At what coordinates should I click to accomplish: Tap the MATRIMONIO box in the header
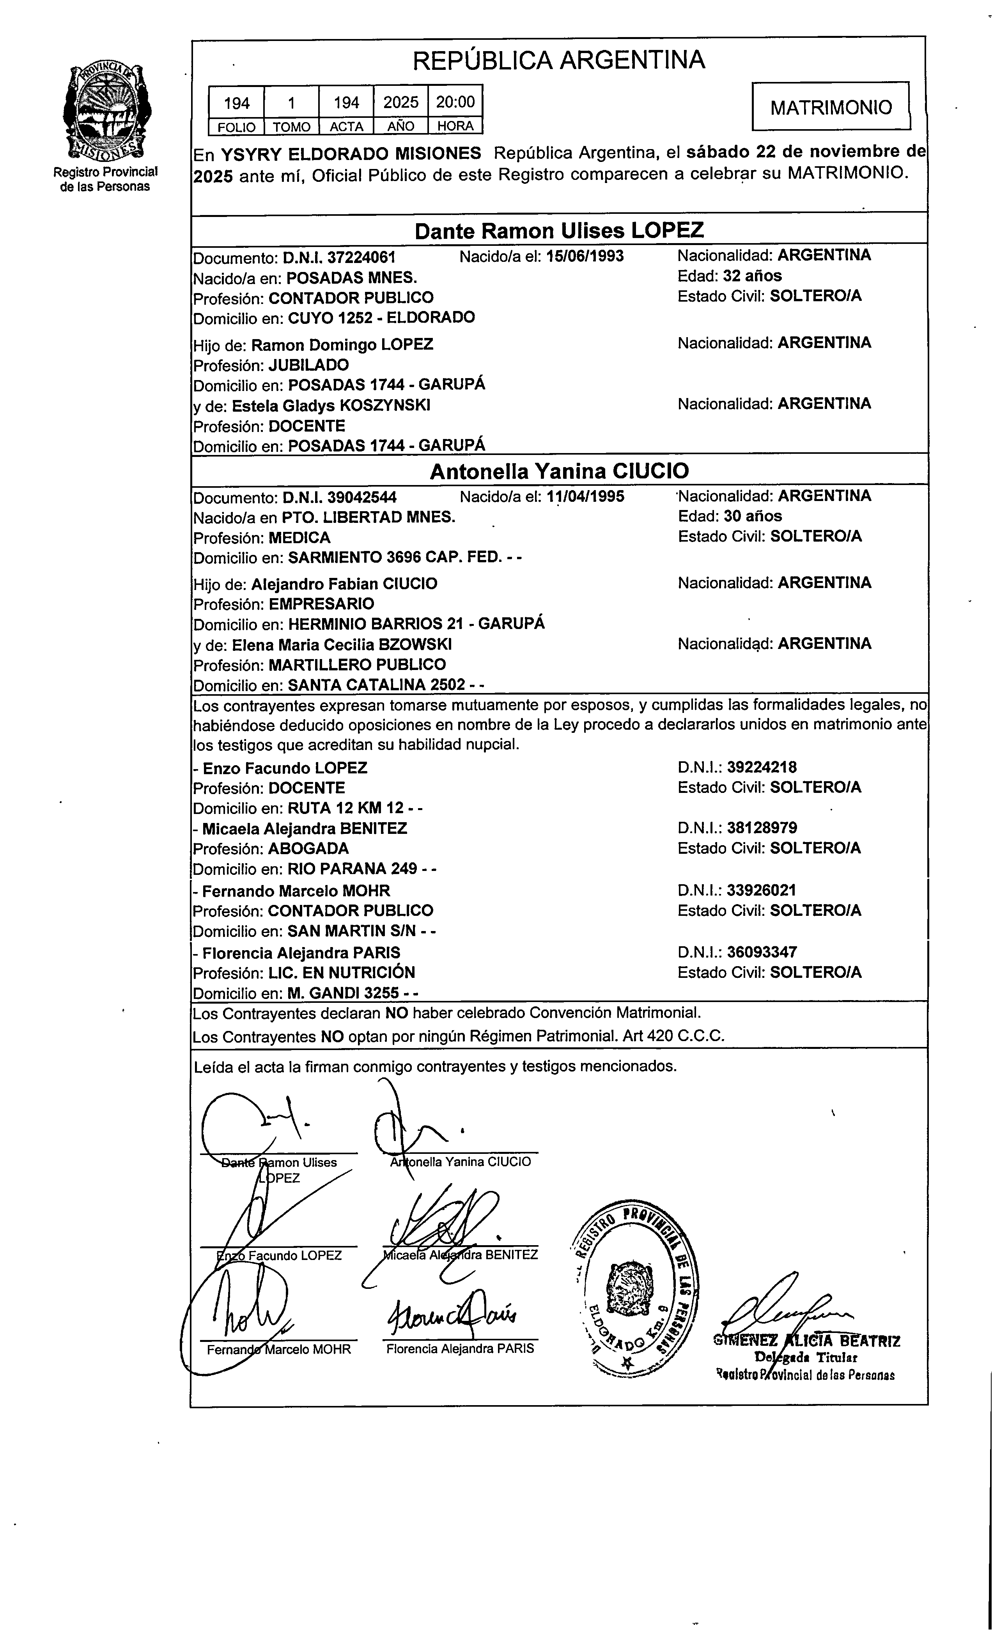click(831, 107)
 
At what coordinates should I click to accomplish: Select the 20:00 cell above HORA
click(455, 102)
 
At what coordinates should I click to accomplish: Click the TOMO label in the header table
click(291, 126)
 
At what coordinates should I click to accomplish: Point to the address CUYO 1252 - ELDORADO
click(381, 317)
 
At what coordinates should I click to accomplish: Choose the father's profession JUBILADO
click(308, 365)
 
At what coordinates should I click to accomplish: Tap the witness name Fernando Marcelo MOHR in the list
click(296, 890)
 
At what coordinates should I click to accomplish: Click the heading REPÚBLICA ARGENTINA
click(558, 60)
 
